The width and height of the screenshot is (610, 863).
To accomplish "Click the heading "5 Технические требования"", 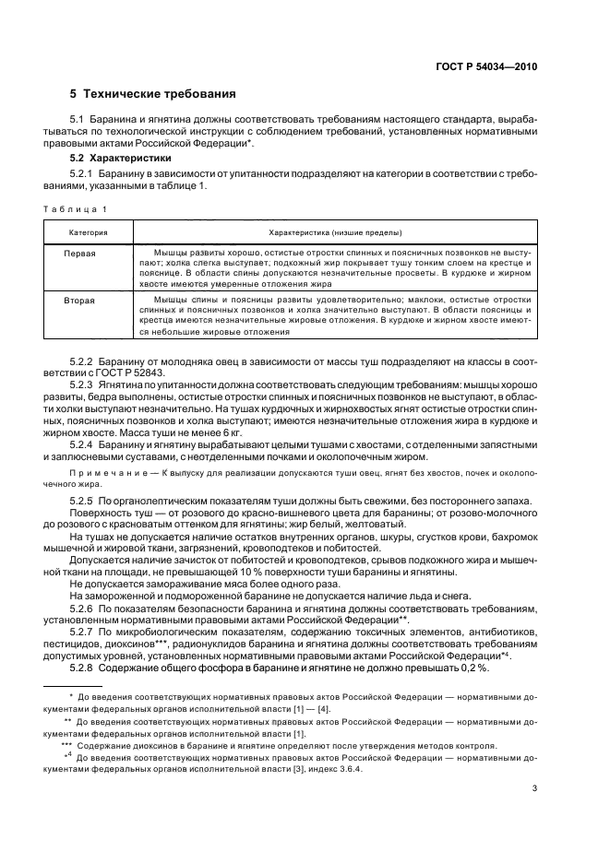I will [x=152, y=94].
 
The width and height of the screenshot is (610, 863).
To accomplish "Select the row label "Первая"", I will [x=80, y=252].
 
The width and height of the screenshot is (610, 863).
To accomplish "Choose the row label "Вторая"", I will [x=79, y=301].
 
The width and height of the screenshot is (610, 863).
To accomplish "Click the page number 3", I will [x=534, y=788].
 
